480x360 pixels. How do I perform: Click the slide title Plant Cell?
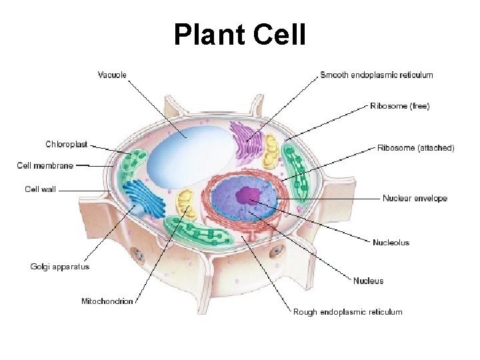coord(240,35)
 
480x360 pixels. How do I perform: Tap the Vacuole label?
coord(112,75)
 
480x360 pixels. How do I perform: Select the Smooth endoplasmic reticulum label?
coord(376,75)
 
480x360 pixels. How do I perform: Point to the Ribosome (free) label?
coord(400,105)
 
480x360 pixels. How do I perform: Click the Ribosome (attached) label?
coord(415,148)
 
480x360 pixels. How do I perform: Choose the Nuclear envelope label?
coord(415,198)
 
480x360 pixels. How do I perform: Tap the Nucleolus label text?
coord(391,242)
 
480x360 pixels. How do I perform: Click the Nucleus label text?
coord(368,281)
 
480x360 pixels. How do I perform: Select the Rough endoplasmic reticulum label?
coord(347,311)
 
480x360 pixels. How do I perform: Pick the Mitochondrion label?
coord(107,301)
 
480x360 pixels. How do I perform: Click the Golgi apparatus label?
coord(60,267)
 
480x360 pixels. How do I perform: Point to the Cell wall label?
coord(41,189)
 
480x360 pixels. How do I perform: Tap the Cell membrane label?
coord(45,165)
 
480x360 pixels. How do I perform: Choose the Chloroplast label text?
coord(66,144)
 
